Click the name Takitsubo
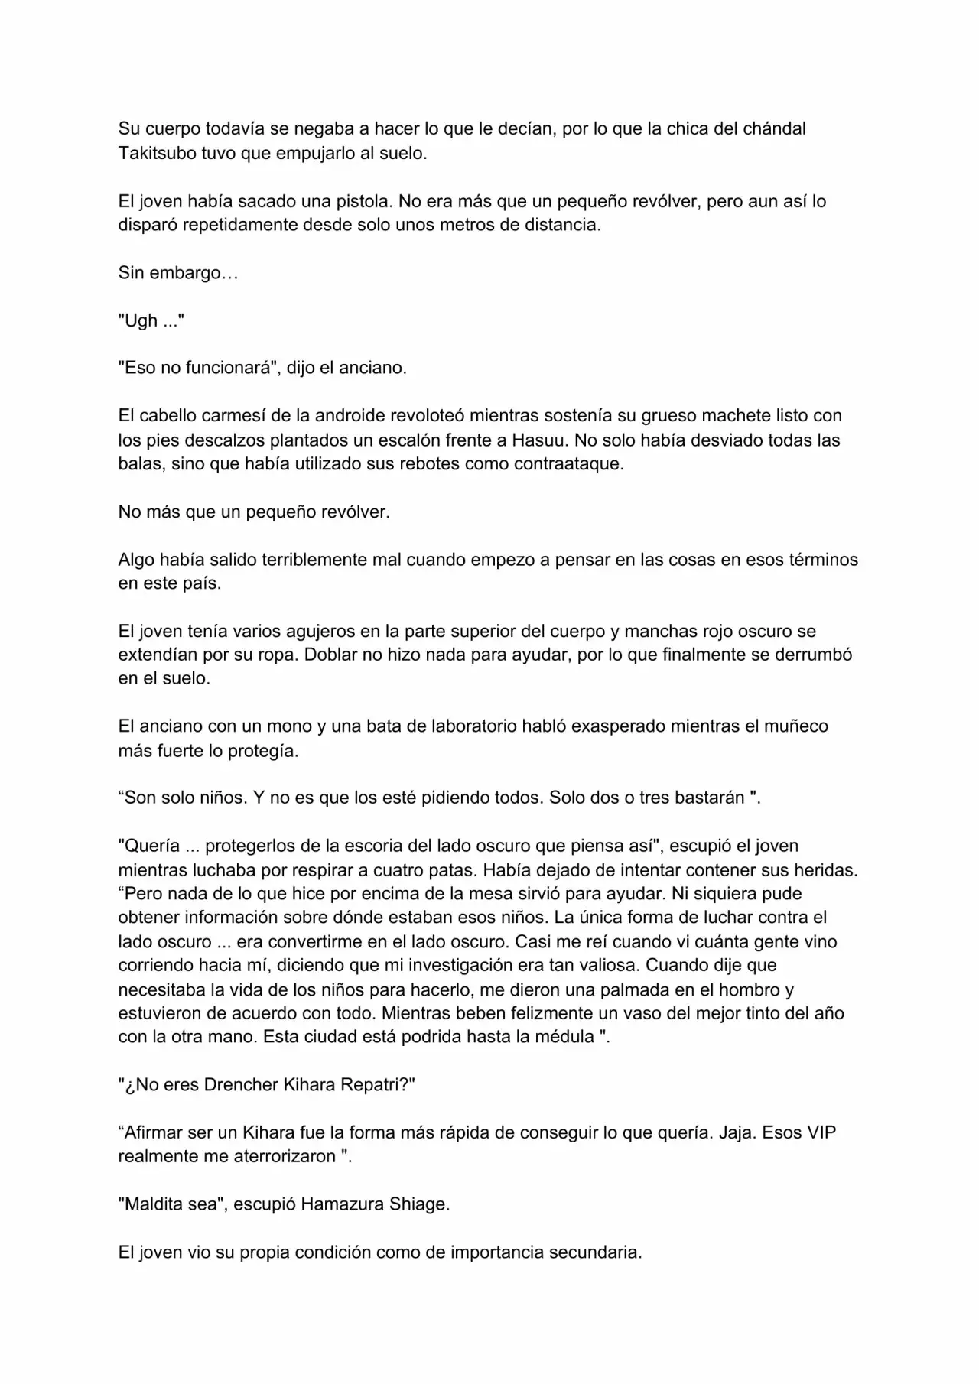(157, 153)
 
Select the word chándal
(774, 128)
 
